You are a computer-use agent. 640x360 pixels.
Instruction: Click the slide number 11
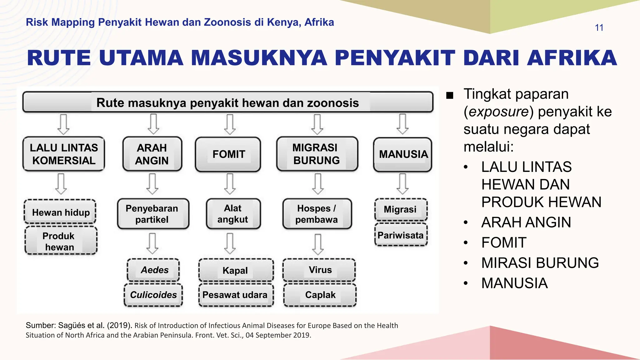point(599,28)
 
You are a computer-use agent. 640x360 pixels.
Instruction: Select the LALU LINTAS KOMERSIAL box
point(64,154)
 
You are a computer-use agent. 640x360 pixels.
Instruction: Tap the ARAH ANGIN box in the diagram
point(152,154)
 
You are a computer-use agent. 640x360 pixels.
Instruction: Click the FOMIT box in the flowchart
point(228,154)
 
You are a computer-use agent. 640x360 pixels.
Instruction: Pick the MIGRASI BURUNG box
point(317,154)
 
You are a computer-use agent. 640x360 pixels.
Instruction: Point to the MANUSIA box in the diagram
point(403,154)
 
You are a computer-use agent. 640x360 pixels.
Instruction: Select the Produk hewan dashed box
point(60,241)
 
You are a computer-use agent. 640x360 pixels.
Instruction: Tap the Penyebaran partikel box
point(153,214)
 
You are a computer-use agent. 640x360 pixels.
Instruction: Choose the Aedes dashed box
point(154,270)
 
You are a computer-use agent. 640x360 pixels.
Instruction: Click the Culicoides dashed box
point(153,295)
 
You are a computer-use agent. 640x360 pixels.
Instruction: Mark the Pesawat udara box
point(235,295)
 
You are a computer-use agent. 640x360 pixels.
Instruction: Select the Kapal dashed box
point(236,270)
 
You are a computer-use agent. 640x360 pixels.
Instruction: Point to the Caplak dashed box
point(320,295)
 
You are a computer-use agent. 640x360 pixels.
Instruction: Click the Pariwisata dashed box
point(401,235)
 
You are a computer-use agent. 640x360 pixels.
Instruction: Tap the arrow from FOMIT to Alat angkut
point(230,184)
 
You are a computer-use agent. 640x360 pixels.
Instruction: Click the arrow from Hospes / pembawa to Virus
point(318,244)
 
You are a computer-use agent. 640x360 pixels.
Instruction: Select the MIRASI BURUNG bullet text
point(540,263)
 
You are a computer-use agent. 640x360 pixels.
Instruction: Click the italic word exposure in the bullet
point(498,112)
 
